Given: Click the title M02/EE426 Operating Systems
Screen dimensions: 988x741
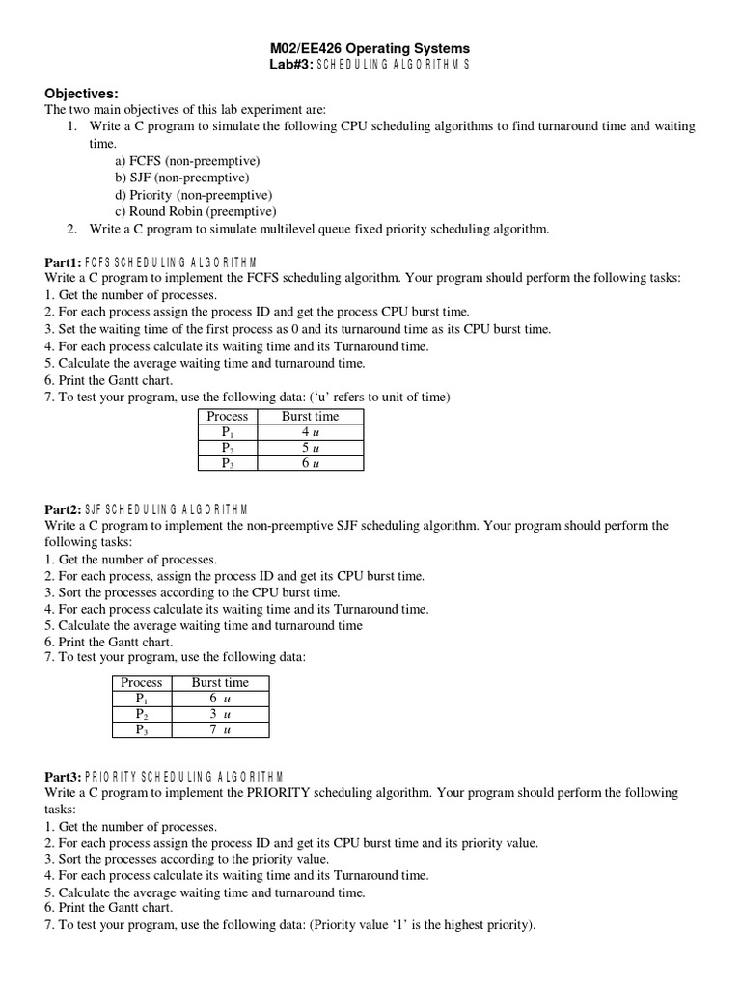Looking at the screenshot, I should coord(368,47).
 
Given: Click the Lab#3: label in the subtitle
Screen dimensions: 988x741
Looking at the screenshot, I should coord(292,64).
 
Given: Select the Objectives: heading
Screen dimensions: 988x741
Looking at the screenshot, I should coord(81,94).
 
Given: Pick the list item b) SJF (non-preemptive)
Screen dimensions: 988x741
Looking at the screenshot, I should coord(182,178).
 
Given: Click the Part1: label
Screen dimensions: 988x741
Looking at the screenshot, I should coord(63,261).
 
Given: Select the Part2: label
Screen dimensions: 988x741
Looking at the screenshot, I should coord(63,509).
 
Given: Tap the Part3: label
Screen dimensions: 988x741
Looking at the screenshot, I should coord(63,777).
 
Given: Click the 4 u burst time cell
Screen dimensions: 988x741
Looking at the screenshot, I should coord(310,432).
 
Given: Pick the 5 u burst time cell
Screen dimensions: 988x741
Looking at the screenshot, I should coord(310,448).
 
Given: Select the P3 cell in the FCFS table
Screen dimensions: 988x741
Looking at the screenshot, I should coord(228,463).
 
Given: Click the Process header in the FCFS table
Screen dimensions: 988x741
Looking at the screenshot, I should coord(228,416).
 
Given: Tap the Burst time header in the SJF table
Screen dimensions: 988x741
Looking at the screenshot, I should coord(220,682).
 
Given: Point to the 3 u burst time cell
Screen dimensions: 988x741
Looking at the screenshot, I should coord(220,714).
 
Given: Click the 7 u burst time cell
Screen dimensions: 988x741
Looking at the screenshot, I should coord(220,730).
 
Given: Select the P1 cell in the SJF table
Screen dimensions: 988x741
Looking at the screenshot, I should coord(142,698).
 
